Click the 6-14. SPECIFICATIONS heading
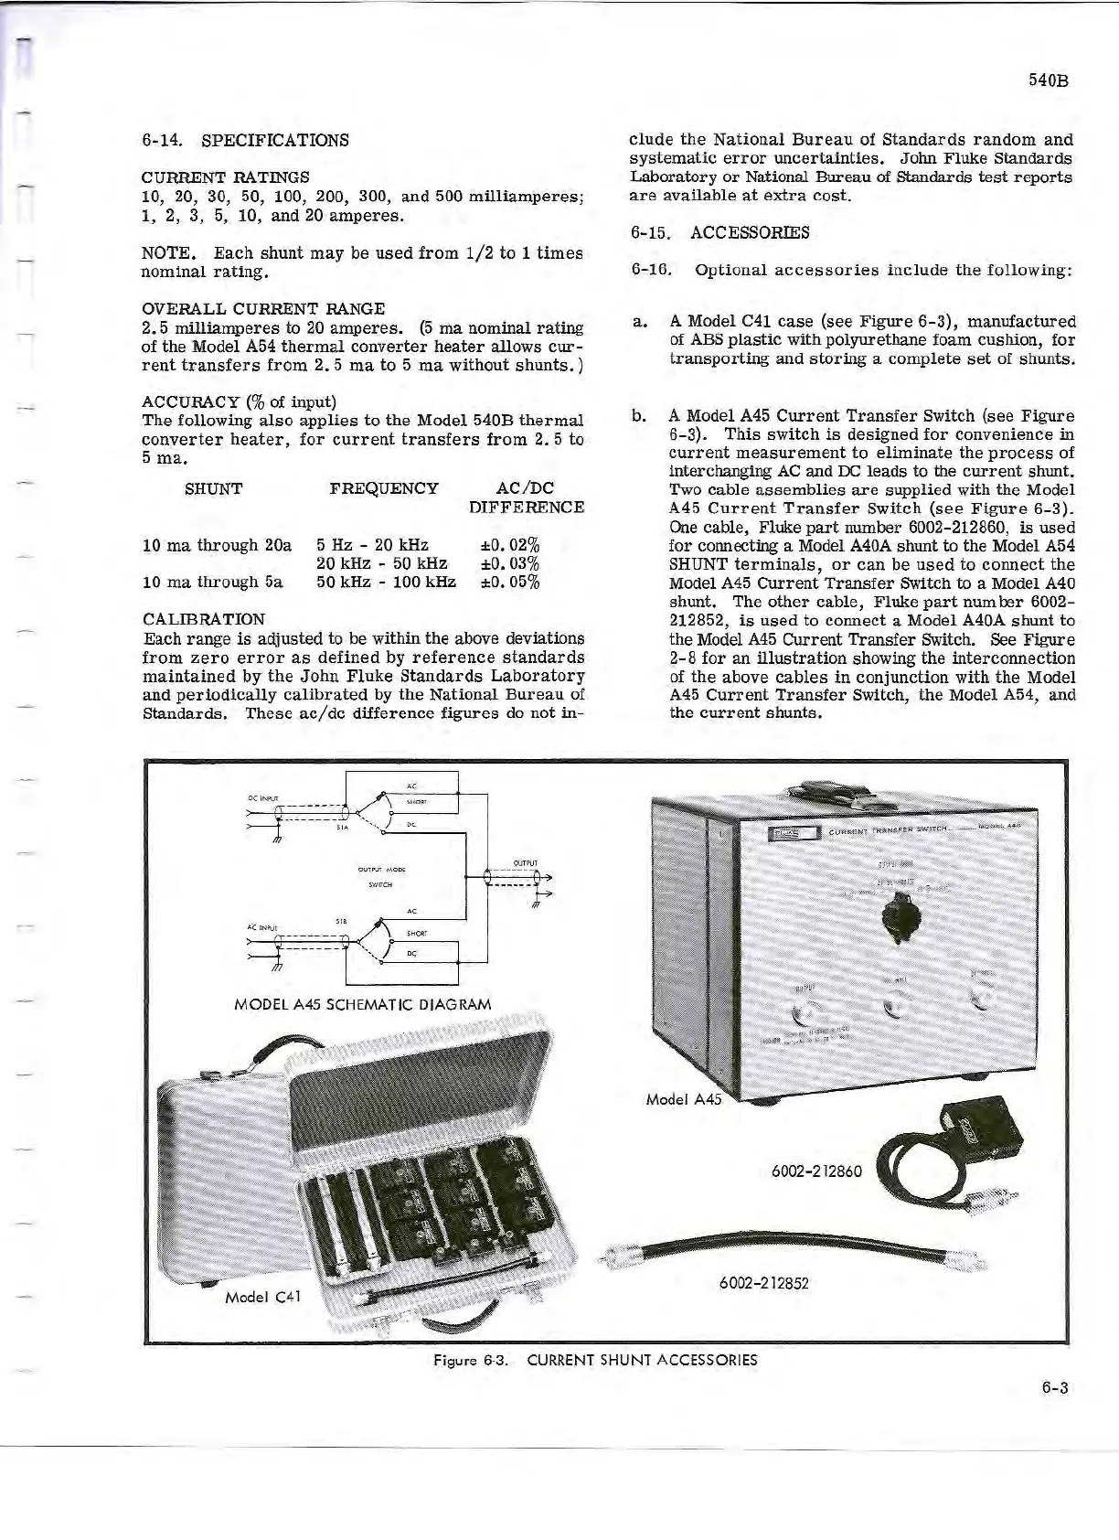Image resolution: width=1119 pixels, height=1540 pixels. click(245, 140)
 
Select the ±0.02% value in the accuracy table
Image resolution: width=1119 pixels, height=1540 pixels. click(510, 546)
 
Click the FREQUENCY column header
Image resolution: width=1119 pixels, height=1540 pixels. click(383, 488)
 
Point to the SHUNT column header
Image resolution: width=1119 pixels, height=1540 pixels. click(213, 488)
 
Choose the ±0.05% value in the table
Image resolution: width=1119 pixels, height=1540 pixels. click(510, 583)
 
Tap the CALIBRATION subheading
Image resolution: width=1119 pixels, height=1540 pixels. click(204, 619)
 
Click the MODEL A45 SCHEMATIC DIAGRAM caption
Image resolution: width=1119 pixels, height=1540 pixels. click(363, 1003)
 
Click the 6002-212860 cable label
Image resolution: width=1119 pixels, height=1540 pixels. click(816, 1171)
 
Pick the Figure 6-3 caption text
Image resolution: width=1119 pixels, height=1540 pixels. click(595, 1360)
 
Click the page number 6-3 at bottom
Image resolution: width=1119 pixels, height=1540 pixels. click(1054, 1387)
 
